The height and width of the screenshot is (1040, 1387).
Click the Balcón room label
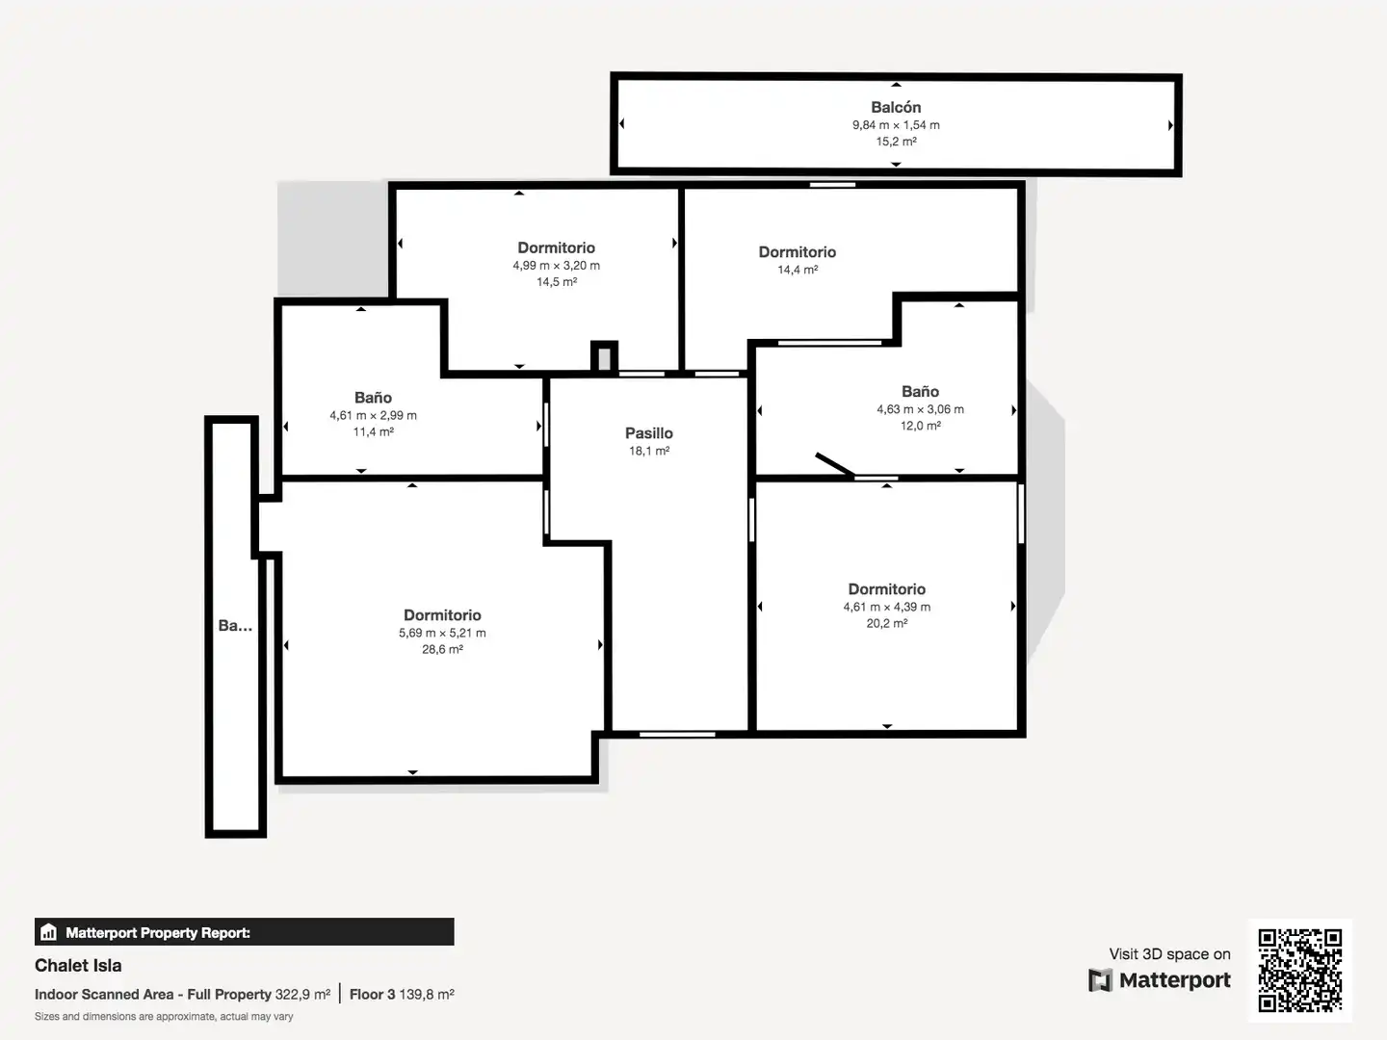point(896,107)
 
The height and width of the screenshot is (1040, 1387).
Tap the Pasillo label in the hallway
point(649,433)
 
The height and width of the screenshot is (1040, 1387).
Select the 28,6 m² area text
point(442,649)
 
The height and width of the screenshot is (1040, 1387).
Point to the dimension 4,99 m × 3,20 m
point(556,265)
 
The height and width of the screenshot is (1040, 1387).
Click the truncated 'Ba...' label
point(235,625)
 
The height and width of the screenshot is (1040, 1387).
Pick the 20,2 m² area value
point(886,623)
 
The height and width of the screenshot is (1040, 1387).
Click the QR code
point(1299,971)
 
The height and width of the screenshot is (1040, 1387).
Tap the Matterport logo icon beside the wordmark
point(1100,980)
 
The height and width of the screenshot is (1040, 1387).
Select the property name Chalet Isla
point(78,966)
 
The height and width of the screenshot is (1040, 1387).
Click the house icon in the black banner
point(49,932)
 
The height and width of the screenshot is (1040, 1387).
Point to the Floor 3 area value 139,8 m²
point(427,995)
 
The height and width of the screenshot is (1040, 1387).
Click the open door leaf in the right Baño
point(835,464)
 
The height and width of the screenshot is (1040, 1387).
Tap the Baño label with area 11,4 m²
point(373,398)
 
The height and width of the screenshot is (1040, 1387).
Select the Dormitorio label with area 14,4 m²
point(797,252)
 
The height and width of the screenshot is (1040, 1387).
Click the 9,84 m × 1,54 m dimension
point(896,125)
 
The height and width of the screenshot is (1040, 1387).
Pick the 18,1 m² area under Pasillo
point(649,451)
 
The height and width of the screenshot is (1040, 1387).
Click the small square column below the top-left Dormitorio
point(604,356)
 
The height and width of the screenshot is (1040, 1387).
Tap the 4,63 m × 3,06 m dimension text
point(920,409)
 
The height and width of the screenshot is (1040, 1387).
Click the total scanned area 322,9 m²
point(302,995)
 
